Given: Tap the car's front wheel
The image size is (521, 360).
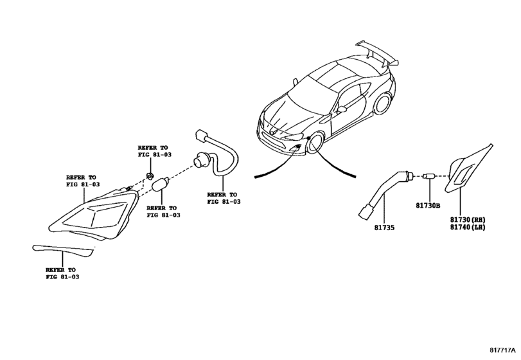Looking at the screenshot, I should tap(316, 143).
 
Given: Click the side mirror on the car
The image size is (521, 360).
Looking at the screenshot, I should tap(342, 109).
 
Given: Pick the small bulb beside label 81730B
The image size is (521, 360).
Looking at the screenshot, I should tap(428, 175).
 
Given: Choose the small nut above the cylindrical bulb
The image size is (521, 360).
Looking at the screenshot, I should tap(149, 175).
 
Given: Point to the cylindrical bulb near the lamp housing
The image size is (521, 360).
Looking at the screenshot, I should tap(161, 187).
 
